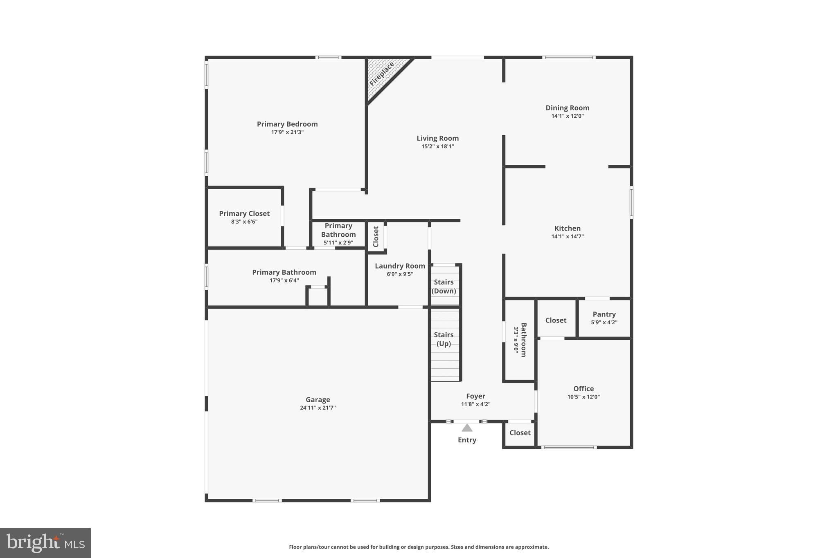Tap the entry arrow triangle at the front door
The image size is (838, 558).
pyautogui.click(x=467, y=428)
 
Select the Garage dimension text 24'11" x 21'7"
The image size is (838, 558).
pyautogui.click(x=318, y=408)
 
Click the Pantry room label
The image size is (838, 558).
pyautogui.click(x=604, y=314)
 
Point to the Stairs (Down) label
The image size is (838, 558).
pyautogui.click(x=444, y=286)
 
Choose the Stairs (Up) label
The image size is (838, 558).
pyautogui.click(x=444, y=339)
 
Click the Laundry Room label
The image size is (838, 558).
pyautogui.click(x=400, y=266)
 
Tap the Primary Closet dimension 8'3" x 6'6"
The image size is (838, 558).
pyautogui.click(x=244, y=222)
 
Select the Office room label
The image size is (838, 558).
pyautogui.click(x=583, y=388)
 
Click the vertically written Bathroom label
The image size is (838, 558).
pyautogui.click(x=523, y=340)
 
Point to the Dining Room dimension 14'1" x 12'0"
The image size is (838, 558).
pyautogui.click(x=567, y=116)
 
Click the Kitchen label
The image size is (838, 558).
pyautogui.click(x=567, y=228)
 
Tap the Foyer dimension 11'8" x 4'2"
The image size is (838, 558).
pyautogui.click(x=475, y=404)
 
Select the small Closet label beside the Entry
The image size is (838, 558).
pyautogui.click(x=520, y=433)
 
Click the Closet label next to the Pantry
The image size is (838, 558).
pyautogui.click(x=556, y=320)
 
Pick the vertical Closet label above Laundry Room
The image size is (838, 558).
pyautogui.click(x=376, y=236)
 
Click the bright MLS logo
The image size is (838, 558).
pyautogui.click(x=45, y=543)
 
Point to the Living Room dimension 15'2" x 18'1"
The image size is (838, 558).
pyautogui.click(x=437, y=146)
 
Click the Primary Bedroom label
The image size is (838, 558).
pyautogui.click(x=287, y=124)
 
